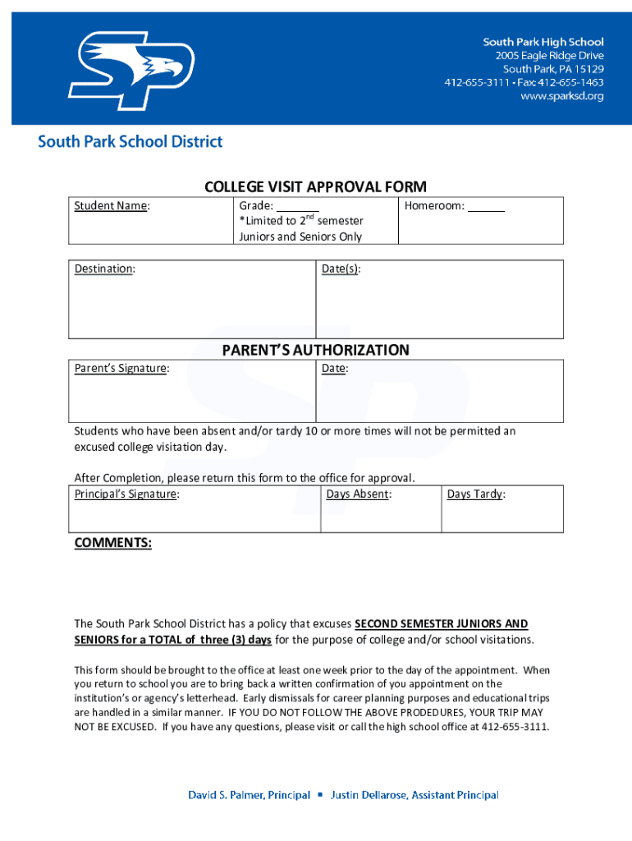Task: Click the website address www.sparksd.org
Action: pyautogui.click(x=562, y=96)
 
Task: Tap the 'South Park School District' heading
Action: pyautogui.click(x=130, y=141)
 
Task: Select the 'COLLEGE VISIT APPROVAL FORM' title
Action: pyautogui.click(x=315, y=186)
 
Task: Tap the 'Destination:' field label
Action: pyautogui.click(x=105, y=269)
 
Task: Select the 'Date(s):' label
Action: pyautogui.click(x=341, y=269)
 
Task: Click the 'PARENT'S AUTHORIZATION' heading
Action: pyautogui.click(x=315, y=350)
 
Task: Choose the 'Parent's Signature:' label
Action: pyautogui.click(x=121, y=369)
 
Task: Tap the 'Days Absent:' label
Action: pyautogui.click(x=358, y=494)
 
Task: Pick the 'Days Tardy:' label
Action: pyautogui.click(x=476, y=494)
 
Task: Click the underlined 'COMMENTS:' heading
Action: pyautogui.click(x=112, y=543)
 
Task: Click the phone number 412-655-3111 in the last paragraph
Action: pyautogui.click(x=514, y=727)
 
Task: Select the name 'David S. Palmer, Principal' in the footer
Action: pyautogui.click(x=250, y=795)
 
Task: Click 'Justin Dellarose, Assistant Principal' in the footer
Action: pyautogui.click(x=414, y=795)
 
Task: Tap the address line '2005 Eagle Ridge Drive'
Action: pyautogui.click(x=549, y=56)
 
